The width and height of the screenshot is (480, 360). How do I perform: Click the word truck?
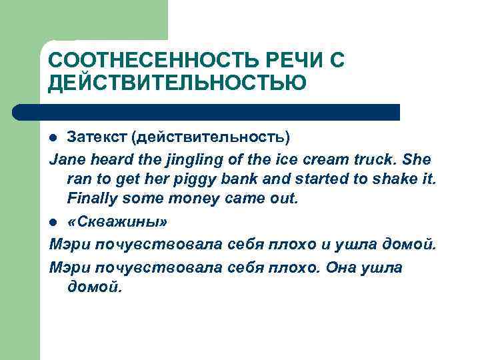[382, 160]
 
